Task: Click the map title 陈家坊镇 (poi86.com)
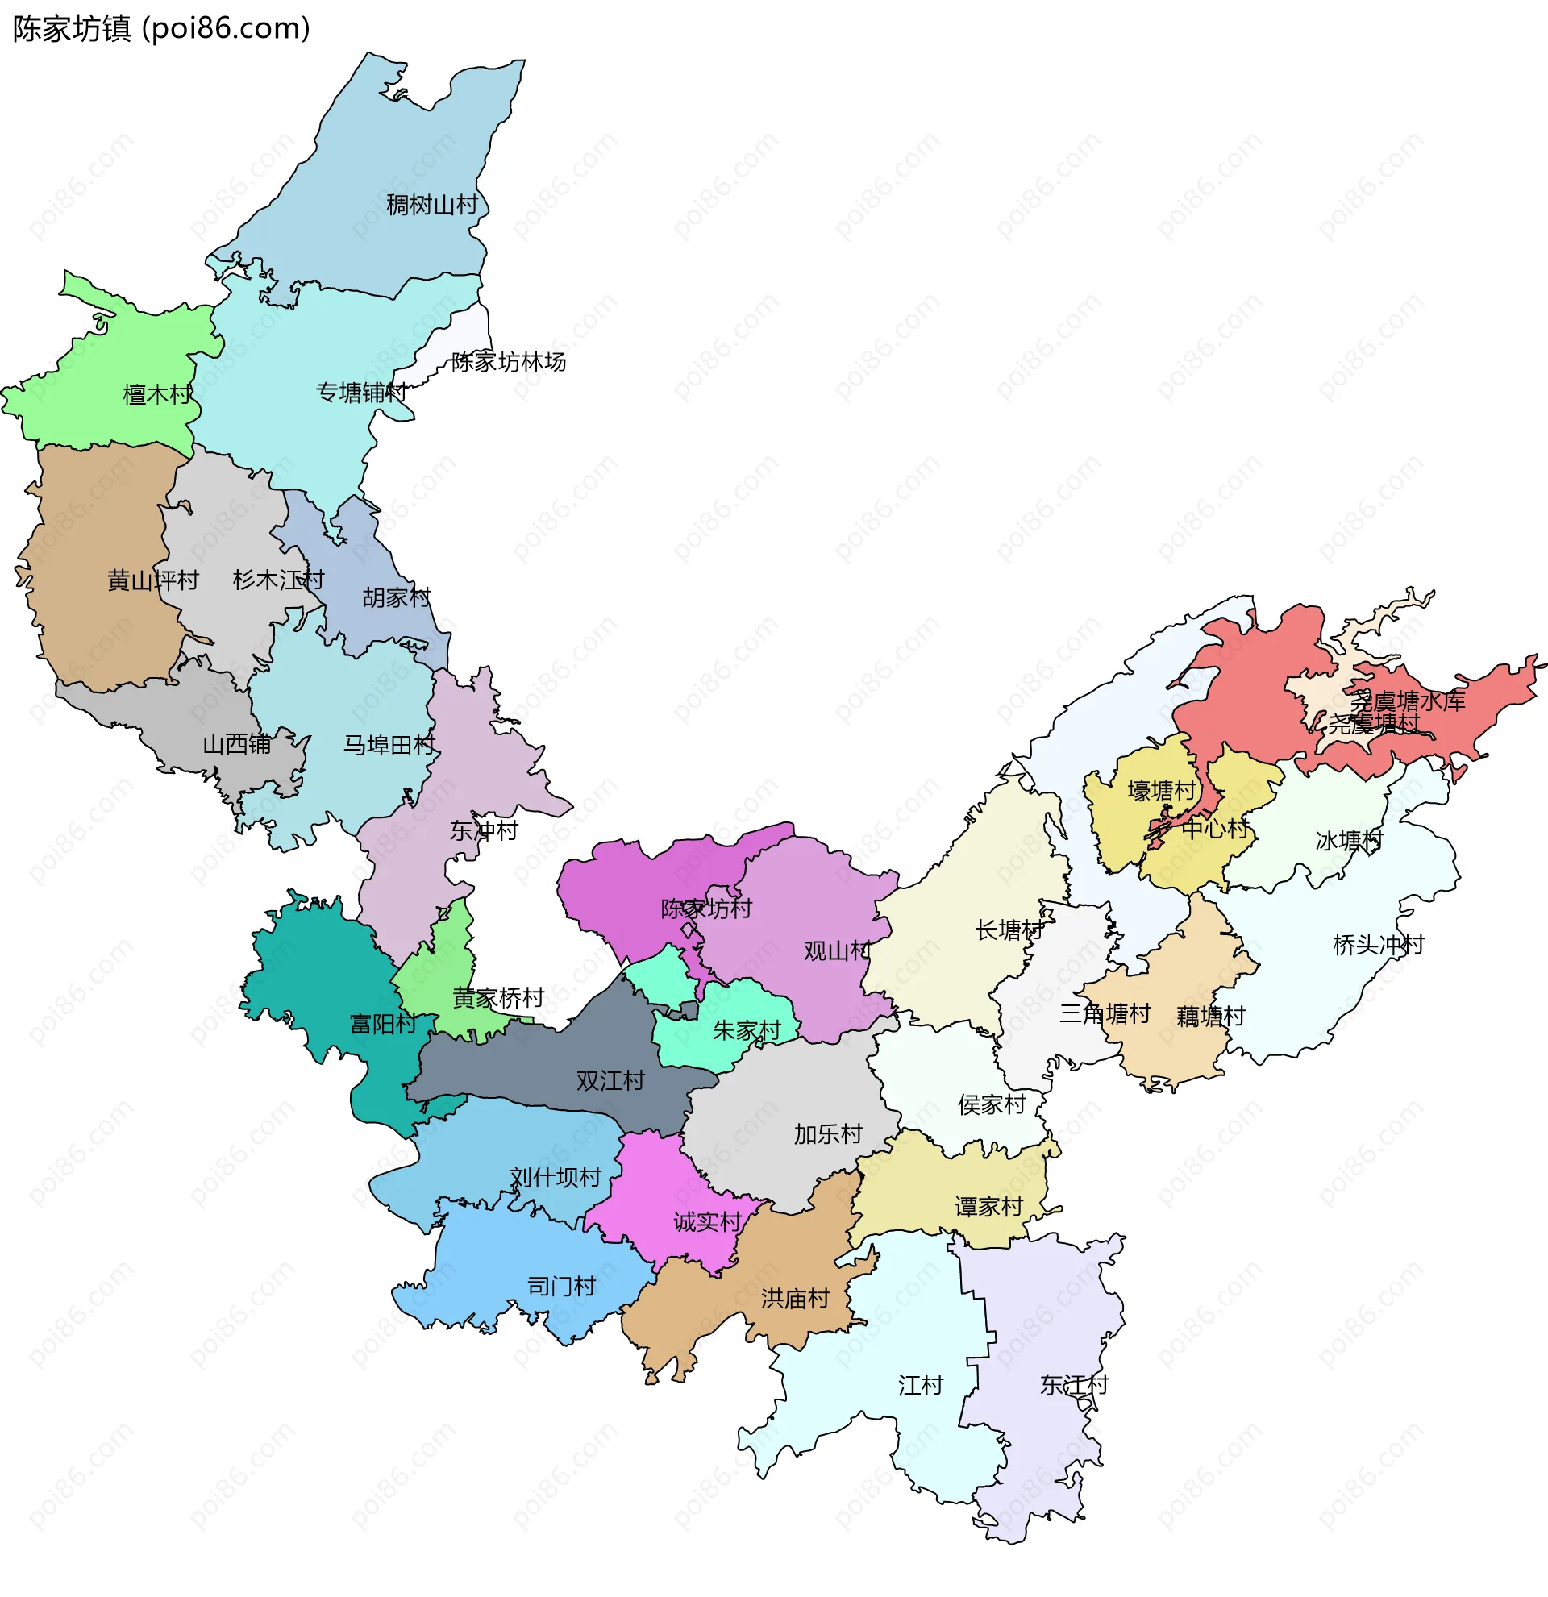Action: tap(161, 28)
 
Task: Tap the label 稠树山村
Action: tap(432, 206)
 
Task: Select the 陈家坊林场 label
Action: tap(509, 362)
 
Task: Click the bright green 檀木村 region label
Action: tap(157, 395)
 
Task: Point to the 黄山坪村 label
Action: tap(153, 581)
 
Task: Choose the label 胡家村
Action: tap(396, 598)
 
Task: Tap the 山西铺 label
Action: tap(236, 745)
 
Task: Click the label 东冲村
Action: tap(484, 831)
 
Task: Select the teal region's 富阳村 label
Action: tap(383, 1024)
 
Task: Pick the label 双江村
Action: tap(610, 1081)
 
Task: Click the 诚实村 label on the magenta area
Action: tap(707, 1222)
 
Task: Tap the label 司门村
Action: tap(561, 1287)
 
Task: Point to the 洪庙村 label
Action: tap(795, 1299)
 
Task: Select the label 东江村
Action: tap(1074, 1385)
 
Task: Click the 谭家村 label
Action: tap(988, 1207)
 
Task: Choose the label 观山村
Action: tap(837, 951)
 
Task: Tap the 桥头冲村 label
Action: tap(1378, 945)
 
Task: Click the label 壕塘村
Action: tap(1161, 790)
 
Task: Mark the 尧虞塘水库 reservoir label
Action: tap(1408, 701)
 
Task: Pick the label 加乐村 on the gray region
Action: tap(828, 1134)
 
